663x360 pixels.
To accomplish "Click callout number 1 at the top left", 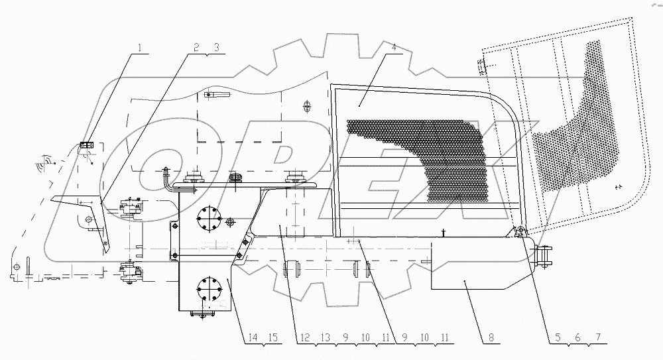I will coord(140,46).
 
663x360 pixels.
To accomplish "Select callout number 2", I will coord(196,46).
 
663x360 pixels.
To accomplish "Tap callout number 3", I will coord(215,46).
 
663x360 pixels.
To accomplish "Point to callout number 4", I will coord(394,46).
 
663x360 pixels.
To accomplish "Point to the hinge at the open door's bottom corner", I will coord(518,231).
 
